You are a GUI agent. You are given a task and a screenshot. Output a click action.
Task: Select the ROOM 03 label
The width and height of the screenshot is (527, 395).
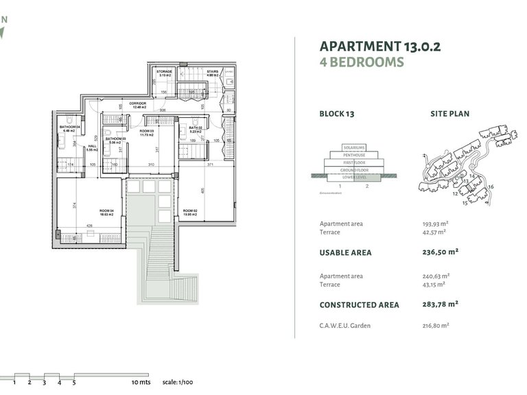click(146, 130)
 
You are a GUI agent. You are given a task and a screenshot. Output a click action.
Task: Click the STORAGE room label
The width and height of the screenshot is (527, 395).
click(164, 71)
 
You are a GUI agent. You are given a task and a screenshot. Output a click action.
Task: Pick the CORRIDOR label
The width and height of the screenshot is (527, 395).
click(138, 104)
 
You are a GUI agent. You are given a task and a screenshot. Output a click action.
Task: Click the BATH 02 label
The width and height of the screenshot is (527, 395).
click(194, 128)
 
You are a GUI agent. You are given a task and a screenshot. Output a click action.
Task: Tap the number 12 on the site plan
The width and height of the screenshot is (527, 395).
click(455, 193)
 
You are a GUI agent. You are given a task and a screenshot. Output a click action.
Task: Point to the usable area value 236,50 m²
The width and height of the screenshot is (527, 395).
click(440, 252)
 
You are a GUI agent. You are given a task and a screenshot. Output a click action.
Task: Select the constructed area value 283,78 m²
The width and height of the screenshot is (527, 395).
click(440, 304)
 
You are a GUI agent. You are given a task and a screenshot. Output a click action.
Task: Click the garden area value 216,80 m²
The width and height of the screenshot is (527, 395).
click(436, 325)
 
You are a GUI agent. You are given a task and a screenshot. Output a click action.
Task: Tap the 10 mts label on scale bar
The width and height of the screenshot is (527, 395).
click(139, 383)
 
